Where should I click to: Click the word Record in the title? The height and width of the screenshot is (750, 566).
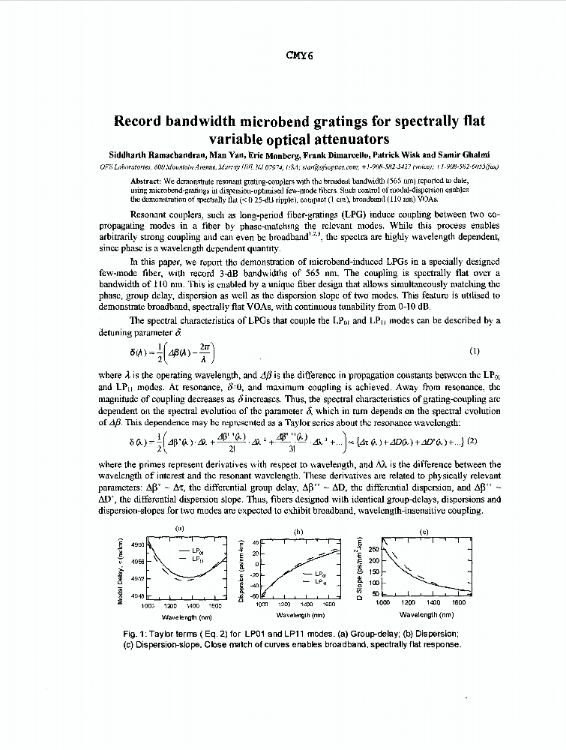coord(142,121)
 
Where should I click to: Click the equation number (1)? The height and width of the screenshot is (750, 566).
coord(474,350)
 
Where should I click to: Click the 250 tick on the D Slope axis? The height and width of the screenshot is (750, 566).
coord(374,550)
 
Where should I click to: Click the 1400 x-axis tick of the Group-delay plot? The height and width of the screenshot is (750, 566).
coord(193,604)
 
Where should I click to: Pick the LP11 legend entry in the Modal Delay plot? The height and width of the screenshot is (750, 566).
coord(199,559)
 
